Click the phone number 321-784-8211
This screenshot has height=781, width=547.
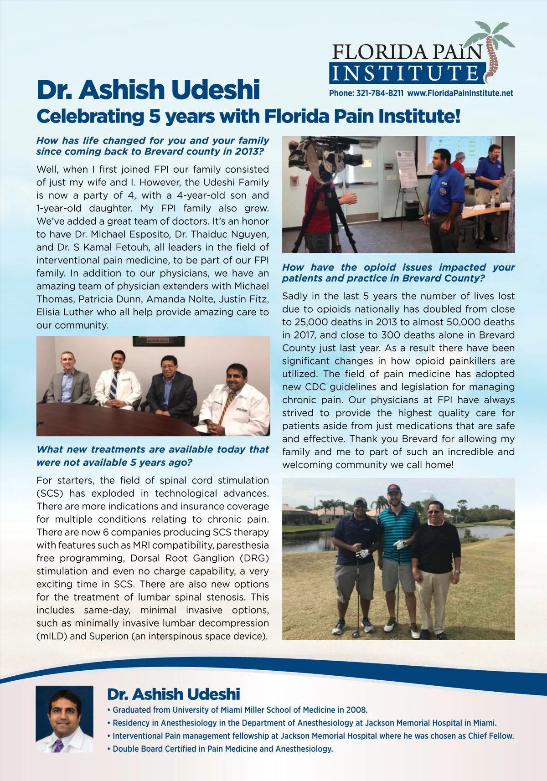click(380, 93)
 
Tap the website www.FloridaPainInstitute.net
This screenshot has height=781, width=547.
click(460, 93)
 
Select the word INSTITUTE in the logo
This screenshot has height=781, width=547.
click(405, 73)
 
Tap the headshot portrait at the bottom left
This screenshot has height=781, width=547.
click(64, 719)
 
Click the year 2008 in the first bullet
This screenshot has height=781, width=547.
click(356, 709)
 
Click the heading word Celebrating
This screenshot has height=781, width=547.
click(90, 116)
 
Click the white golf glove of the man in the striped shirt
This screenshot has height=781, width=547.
click(400, 544)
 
